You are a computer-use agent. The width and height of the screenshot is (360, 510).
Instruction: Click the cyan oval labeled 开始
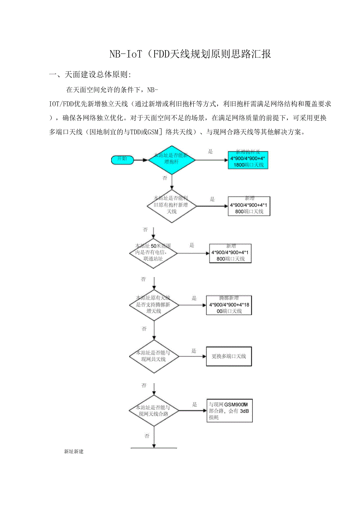[x=122, y=159]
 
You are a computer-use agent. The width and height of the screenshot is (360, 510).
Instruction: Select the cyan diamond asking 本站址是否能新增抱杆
[x=172, y=159]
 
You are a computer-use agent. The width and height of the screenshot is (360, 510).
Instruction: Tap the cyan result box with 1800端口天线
[x=248, y=160]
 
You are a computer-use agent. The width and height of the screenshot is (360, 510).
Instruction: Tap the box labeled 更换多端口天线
[x=229, y=356]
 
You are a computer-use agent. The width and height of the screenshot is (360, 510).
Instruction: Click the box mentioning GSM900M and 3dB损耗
[x=229, y=411]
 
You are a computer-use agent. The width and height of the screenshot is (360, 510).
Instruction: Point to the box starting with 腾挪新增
[x=229, y=305]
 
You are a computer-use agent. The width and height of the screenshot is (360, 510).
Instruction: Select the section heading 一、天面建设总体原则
[x=90, y=74]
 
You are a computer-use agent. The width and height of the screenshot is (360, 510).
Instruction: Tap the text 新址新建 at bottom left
[x=74, y=452]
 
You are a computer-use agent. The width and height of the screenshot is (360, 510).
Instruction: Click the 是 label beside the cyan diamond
[x=210, y=151]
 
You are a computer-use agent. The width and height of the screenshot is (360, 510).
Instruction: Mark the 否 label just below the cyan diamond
[x=165, y=178]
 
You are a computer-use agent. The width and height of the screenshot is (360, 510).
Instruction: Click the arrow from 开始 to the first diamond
[x=141, y=159]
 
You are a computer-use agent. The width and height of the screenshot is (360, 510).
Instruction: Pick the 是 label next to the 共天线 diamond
[x=194, y=351]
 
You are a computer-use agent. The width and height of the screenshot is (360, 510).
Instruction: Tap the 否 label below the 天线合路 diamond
[x=147, y=436]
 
